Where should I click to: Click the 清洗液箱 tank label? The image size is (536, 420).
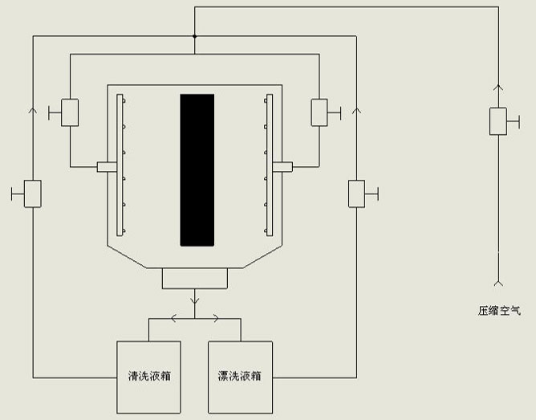(x=149, y=376)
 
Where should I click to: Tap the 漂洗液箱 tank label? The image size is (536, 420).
(x=240, y=376)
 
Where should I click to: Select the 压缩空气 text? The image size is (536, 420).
(x=499, y=311)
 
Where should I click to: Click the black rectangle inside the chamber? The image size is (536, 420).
(x=197, y=170)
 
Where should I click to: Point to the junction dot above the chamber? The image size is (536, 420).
(x=194, y=36)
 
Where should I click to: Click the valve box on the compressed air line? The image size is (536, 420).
(x=498, y=121)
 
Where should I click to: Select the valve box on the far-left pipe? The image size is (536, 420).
(x=33, y=194)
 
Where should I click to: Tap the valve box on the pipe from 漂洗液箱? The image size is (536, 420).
(x=356, y=194)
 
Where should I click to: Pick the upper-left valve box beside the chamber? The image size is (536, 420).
(x=70, y=112)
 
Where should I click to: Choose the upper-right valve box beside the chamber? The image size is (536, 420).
(x=319, y=112)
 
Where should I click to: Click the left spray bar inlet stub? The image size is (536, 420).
(x=107, y=167)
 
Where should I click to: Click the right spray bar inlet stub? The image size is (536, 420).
(x=282, y=167)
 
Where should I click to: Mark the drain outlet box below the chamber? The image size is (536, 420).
(x=195, y=279)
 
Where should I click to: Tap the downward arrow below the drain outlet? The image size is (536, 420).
(x=194, y=300)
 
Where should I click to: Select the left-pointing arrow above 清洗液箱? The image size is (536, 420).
(x=174, y=319)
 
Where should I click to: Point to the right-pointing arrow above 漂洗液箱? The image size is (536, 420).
(x=216, y=319)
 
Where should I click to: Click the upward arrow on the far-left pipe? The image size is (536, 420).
(x=33, y=110)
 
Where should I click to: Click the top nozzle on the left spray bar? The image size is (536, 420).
(x=124, y=101)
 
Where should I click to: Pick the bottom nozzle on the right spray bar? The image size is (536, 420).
(x=266, y=231)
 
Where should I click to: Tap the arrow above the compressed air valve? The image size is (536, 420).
(x=498, y=88)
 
